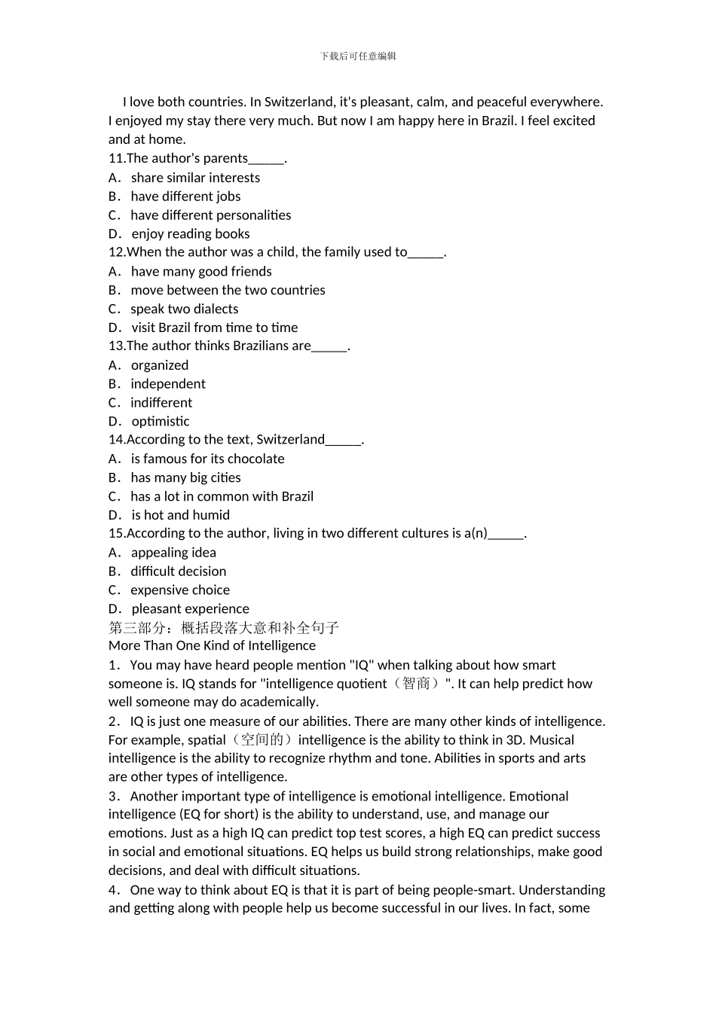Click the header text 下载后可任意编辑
[358, 56]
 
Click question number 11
[117, 158]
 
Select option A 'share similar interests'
[195, 178]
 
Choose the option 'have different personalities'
[210, 215]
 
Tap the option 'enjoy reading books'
[190, 234]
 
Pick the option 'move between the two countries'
[228, 290]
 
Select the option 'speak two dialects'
[184, 309]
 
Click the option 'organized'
[160, 365]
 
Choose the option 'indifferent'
[161, 403]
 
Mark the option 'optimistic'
[161, 422]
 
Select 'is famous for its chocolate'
[207, 459]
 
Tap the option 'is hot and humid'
[180, 515]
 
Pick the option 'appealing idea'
[173, 553]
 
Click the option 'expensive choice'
[180, 590]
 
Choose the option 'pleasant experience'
[190, 609]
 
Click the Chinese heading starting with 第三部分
[224, 627]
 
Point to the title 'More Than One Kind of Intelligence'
[212, 645]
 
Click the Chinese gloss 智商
[416, 684]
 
